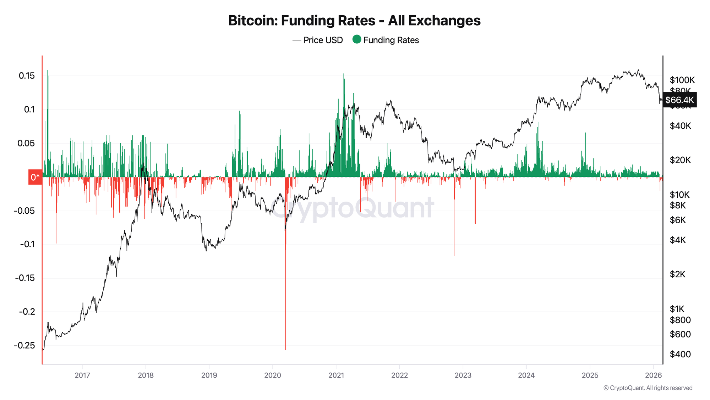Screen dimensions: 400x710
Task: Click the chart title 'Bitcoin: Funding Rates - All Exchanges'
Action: (x=354, y=21)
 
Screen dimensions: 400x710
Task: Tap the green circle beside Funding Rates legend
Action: (x=357, y=39)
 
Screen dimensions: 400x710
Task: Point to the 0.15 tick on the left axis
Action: (x=27, y=76)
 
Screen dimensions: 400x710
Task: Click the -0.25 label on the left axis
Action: (x=24, y=345)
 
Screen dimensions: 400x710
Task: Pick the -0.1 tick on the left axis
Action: (x=27, y=244)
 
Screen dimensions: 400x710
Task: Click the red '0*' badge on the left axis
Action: (x=35, y=177)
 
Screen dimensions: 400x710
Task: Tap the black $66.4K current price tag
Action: (x=679, y=100)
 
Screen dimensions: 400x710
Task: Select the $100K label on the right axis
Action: (x=682, y=80)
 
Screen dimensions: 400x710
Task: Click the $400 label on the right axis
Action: (x=680, y=354)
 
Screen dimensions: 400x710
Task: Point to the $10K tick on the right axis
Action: (x=679, y=194)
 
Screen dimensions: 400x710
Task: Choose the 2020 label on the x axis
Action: (x=273, y=375)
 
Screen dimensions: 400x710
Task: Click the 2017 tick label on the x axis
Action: (x=82, y=375)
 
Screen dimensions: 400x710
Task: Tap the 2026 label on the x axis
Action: (x=653, y=375)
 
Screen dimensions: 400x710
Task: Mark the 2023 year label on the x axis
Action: (x=463, y=375)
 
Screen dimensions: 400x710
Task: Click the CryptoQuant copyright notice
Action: (x=648, y=388)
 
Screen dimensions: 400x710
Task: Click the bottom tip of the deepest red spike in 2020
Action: (x=285, y=350)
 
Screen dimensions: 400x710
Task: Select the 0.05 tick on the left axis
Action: (x=27, y=143)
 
